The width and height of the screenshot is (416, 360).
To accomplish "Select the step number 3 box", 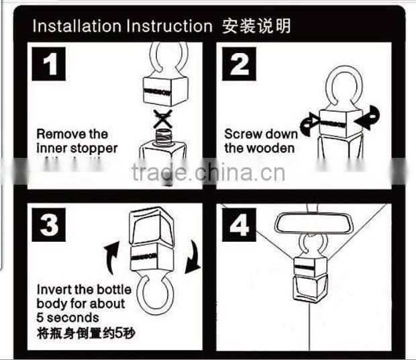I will [x=50, y=225].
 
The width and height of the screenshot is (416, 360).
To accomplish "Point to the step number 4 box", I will [x=240, y=225].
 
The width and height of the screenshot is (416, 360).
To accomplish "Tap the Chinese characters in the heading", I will [x=256, y=26].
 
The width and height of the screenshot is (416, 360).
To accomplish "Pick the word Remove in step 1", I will [x=56, y=134].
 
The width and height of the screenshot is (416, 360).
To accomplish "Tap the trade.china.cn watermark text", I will [x=208, y=173].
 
